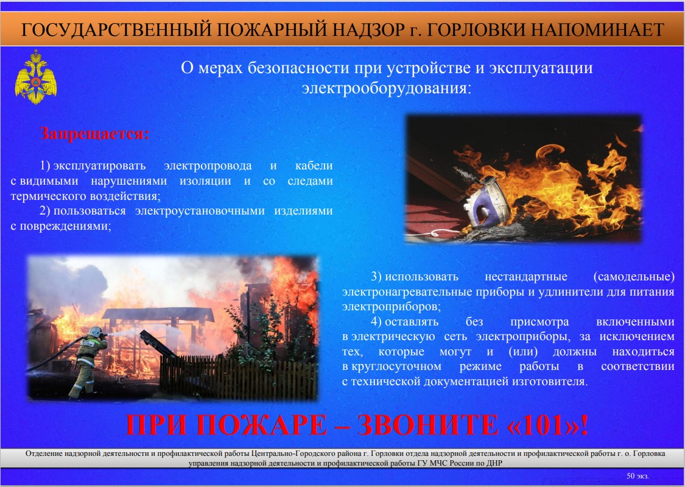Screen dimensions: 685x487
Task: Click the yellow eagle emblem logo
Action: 36,77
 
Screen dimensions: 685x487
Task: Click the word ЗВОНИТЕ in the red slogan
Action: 427,425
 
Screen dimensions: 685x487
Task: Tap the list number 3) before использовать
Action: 376,276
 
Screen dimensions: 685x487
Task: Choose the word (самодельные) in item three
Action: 634,276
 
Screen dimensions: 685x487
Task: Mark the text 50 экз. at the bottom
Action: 638,475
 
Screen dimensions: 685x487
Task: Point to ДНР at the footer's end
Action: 495,463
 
